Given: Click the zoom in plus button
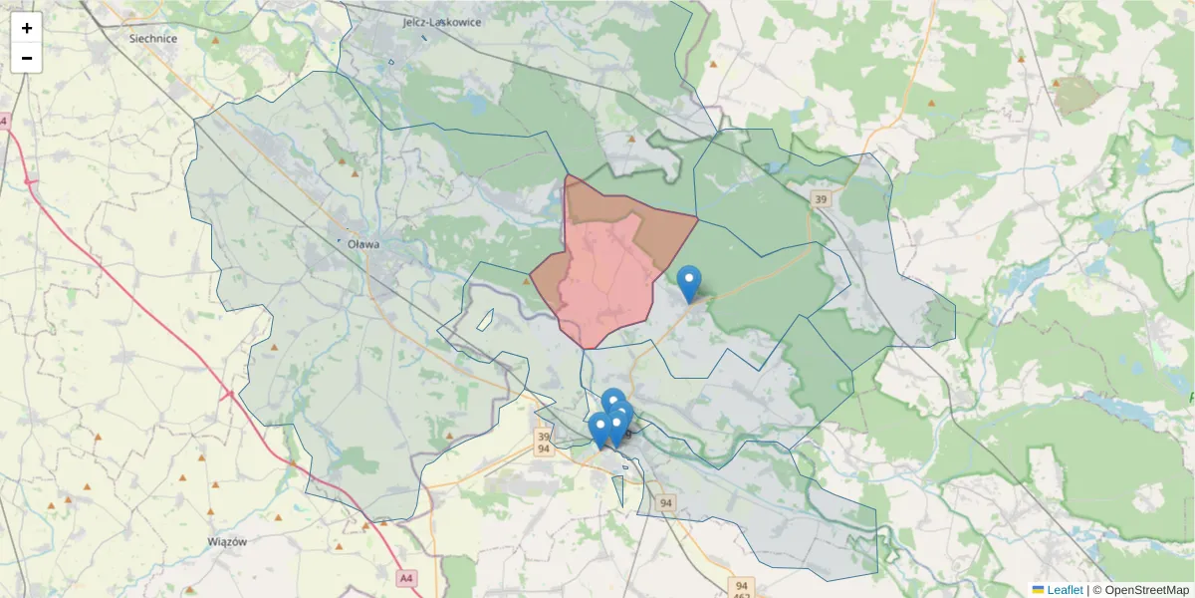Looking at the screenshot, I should (27, 28).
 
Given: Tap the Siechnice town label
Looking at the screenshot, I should (153, 39).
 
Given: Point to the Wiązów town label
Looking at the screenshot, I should (226, 541).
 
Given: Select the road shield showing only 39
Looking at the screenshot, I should (821, 199).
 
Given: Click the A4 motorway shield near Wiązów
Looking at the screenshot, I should (405, 577).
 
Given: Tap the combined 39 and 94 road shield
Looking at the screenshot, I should (543, 443).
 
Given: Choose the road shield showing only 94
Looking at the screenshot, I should (666, 504).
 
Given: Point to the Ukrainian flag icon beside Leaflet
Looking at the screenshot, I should (1039, 590).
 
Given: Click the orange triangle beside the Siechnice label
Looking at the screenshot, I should (216, 41).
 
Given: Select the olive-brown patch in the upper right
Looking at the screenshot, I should (1076, 95).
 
